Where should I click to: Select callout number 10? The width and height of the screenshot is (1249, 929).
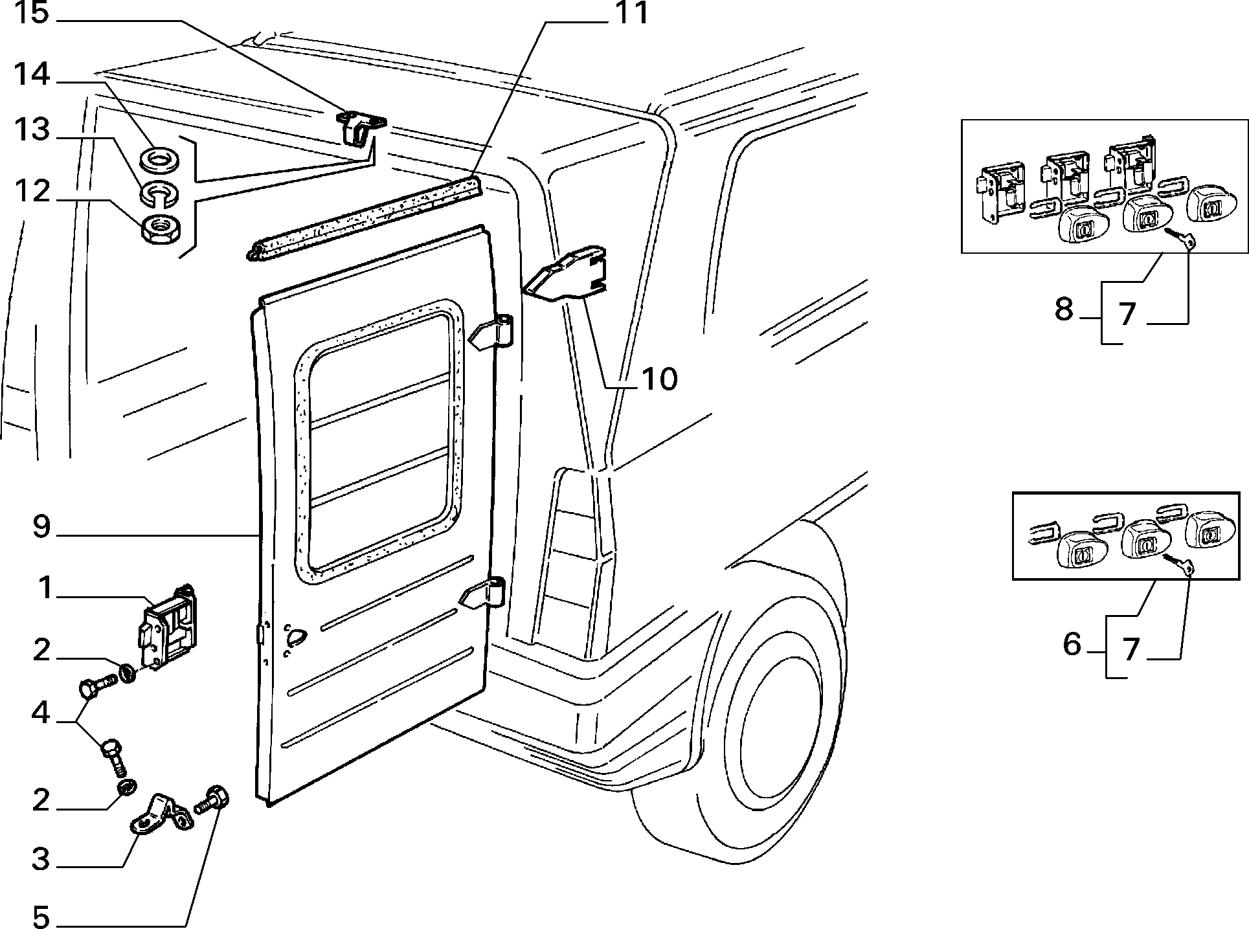659,379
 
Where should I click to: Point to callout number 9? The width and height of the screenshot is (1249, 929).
41,527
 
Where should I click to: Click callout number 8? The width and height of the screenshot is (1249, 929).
1064,309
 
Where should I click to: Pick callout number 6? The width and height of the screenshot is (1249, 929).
1072,644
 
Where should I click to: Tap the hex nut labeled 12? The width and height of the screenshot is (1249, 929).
161,229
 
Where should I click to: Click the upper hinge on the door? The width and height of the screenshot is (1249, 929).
491,334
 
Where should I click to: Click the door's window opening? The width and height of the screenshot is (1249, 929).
379,440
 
